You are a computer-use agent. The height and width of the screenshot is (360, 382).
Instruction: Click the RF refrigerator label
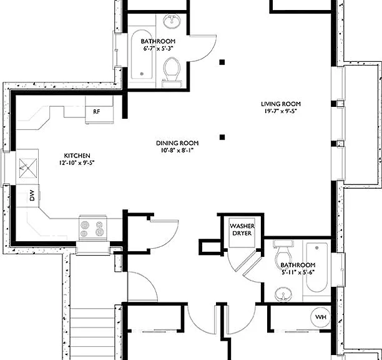click(97, 112)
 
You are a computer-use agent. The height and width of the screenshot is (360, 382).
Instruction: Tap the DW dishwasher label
click(32, 196)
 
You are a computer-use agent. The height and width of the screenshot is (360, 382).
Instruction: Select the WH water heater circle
click(321, 317)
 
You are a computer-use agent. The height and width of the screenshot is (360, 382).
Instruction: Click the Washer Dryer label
click(242, 229)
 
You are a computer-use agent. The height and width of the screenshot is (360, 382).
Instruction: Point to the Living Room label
click(281, 104)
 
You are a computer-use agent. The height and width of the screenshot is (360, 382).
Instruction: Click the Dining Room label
click(177, 143)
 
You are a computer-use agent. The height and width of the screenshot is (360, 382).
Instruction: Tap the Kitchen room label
click(77, 156)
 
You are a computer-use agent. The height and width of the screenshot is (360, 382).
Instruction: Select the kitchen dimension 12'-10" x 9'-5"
click(77, 162)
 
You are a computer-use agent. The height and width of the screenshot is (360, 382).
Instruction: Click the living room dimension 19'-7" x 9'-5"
click(281, 111)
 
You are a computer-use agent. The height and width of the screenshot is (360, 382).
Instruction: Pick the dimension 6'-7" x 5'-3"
click(158, 49)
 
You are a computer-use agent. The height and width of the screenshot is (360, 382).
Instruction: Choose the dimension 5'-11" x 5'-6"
click(298, 272)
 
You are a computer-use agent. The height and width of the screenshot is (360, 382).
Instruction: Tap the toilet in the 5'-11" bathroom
click(283, 254)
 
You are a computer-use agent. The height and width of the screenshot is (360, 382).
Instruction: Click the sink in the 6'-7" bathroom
click(172, 21)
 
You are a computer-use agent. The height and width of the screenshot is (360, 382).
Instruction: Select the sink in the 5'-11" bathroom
click(283, 294)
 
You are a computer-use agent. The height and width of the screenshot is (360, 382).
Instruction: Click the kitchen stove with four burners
click(93, 228)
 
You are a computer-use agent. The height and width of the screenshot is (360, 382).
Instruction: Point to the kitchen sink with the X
click(27, 167)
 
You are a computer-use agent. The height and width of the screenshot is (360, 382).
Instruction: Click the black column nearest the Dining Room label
click(222, 137)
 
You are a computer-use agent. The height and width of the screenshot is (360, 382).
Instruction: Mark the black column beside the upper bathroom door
click(222, 62)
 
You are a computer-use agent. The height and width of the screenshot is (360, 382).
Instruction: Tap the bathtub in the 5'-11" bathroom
click(316, 267)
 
